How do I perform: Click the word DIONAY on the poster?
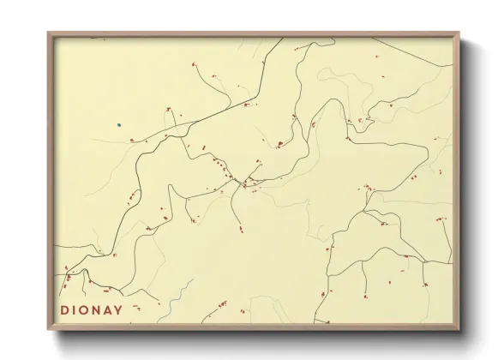(92, 310)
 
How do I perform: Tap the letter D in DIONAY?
(65, 310)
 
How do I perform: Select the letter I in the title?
(76, 310)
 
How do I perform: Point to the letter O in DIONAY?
(87, 310)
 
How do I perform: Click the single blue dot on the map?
(119, 125)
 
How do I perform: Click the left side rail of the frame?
(51, 180)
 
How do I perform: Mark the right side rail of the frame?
(457, 180)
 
